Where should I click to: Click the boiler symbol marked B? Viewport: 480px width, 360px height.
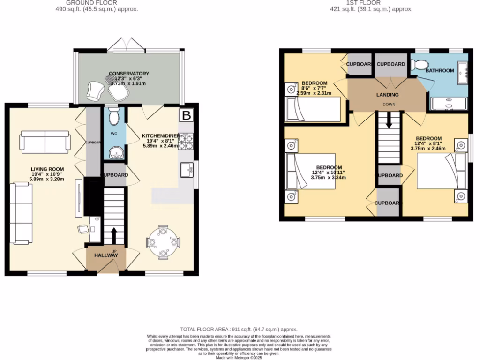click(x=187, y=115)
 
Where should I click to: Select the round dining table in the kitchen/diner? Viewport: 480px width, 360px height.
click(x=163, y=242)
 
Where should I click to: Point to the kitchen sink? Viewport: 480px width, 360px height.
click(x=186, y=170)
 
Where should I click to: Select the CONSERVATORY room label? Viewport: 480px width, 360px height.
click(x=129, y=74)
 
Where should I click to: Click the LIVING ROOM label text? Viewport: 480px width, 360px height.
click(x=47, y=169)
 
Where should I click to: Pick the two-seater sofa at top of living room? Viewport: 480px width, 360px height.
click(x=45, y=142)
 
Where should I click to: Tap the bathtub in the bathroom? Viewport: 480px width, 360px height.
click(x=449, y=104)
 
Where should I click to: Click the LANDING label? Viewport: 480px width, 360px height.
click(x=388, y=95)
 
